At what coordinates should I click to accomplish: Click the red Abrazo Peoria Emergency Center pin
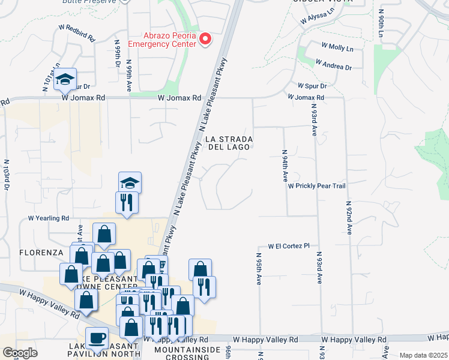[x=205, y=40]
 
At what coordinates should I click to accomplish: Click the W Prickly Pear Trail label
[x=316, y=186]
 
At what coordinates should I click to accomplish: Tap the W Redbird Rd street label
[x=77, y=33]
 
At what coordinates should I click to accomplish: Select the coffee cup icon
[x=97, y=338]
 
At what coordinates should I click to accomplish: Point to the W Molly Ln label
[x=337, y=46]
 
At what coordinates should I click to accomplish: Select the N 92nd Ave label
[x=348, y=217]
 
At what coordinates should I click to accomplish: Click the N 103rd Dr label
[x=7, y=175]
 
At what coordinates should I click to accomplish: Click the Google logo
[x=20, y=353]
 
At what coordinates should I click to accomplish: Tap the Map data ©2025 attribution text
[x=423, y=355]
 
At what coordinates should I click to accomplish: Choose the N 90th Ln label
[x=381, y=23]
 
